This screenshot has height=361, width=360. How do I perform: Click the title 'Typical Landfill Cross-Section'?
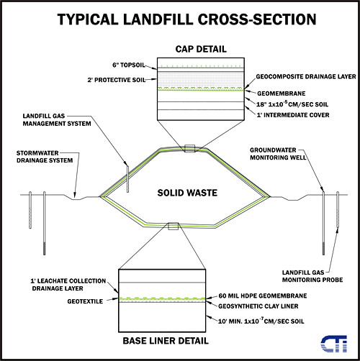point(186,19)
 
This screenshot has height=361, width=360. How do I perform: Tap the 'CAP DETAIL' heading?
point(201,49)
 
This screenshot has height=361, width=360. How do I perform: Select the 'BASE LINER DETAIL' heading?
point(166,341)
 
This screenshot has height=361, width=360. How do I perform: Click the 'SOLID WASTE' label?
point(187,193)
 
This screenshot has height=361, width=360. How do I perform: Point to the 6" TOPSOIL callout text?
point(129,65)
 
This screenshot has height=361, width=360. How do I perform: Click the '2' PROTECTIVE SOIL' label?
point(117,80)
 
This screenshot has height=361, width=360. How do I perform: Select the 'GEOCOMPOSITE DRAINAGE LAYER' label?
point(306,77)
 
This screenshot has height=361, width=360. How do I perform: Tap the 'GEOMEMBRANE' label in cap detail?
point(282,93)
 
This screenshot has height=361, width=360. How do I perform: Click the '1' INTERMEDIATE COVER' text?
point(293,115)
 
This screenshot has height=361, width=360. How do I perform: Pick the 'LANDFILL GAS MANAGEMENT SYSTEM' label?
point(57,120)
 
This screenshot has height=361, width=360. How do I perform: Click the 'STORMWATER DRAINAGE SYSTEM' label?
point(45,157)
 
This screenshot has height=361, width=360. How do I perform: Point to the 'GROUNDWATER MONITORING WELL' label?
point(278,154)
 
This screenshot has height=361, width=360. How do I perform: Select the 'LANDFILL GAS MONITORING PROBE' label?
point(312,276)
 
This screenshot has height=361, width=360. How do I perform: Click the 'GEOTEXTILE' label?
point(85,301)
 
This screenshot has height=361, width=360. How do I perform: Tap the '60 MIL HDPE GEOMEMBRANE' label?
point(263,296)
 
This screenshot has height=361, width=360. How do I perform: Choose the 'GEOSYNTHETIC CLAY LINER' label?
point(258,306)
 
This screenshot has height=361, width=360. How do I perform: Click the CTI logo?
point(334,344)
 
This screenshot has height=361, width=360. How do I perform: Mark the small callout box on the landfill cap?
point(189,149)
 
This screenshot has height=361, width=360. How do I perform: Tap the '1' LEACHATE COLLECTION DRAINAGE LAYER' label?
point(68,285)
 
